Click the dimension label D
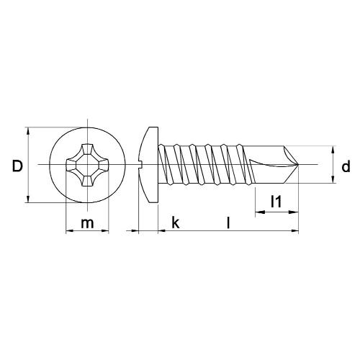pos(17,166)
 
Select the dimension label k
pos(175,223)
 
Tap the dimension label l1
pos(275,203)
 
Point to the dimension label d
pos(346,167)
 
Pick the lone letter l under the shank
pos(228,223)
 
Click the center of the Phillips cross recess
pos(87,166)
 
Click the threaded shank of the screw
pos(205,166)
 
